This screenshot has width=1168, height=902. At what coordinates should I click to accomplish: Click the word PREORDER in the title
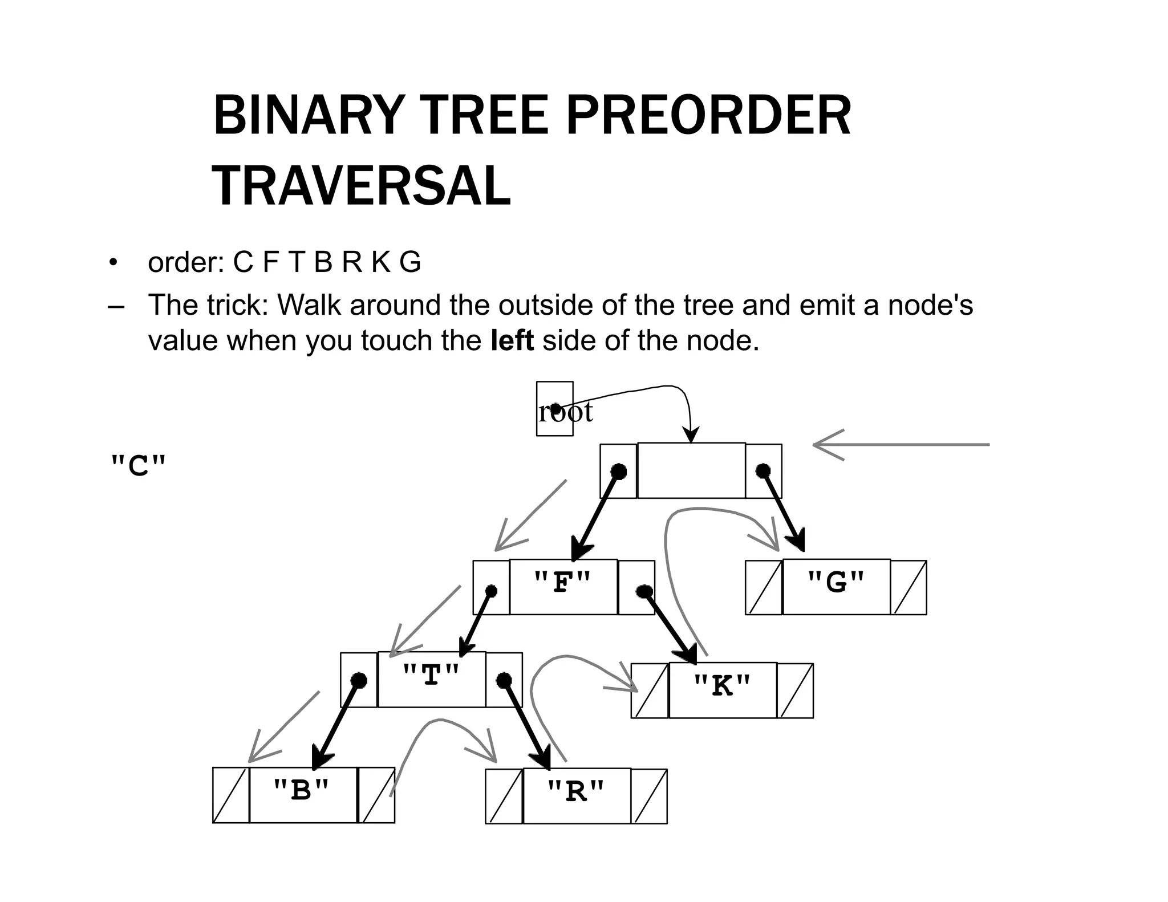pyautogui.click(x=708, y=116)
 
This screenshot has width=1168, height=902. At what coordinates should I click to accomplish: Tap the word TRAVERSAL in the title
pyautogui.click(x=362, y=186)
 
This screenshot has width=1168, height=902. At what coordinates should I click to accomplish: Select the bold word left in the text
pyautogui.click(x=512, y=340)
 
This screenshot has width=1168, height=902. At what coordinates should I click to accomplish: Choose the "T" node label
pyautogui.click(x=431, y=677)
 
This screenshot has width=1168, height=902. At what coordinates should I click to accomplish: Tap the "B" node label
pyautogui.click(x=302, y=792)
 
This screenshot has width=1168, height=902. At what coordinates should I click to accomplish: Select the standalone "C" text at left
pyautogui.click(x=138, y=466)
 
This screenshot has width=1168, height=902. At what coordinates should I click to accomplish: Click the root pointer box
pyautogui.click(x=554, y=409)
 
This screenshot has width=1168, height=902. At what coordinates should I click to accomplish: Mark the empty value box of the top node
pyautogui.click(x=691, y=470)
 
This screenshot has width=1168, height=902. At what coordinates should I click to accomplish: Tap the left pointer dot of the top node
pyautogui.click(x=618, y=471)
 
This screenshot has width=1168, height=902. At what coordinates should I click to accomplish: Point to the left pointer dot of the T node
pyautogui.click(x=359, y=680)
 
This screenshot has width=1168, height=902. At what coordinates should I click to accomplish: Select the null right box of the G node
pyautogui.click(x=909, y=587)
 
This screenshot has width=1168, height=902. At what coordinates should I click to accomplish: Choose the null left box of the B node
pyautogui.click(x=230, y=795)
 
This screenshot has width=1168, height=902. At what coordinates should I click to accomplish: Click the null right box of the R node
pyautogui.click(x=650, y=796)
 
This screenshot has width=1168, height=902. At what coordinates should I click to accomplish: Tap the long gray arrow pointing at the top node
pyautogui.click(x=901, y=444)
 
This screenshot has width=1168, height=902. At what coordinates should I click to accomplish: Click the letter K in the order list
pyautogui.click(x=380, y=262)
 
